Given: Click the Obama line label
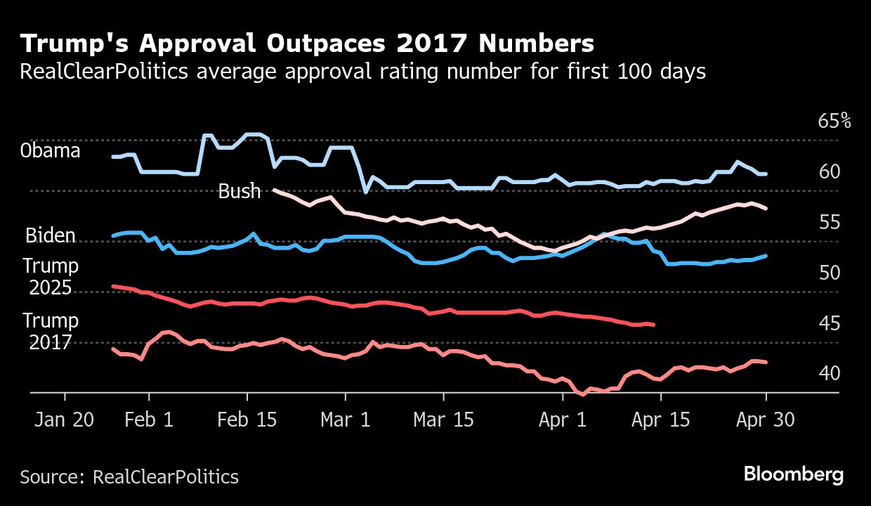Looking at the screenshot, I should (50, 151).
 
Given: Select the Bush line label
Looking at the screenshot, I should (240, 191).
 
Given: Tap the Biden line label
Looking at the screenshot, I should (51, 235).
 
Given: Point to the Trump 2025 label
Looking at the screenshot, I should (51, 277).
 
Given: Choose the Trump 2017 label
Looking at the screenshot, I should (51, 331).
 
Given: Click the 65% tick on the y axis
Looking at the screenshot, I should (834, 121).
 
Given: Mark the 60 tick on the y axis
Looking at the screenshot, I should (829, 171).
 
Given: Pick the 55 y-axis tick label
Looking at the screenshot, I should (829, 223).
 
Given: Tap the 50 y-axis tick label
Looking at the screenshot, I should (829, 273).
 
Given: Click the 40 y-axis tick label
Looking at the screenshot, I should (829, 373).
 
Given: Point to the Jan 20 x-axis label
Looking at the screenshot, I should (64, 420).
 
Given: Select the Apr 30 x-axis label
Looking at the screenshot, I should (765, 420).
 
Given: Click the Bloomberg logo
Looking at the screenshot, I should (794, 474).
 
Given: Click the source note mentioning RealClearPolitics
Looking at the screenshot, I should (129, 476).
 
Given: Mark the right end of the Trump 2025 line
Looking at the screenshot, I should (654, 325).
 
